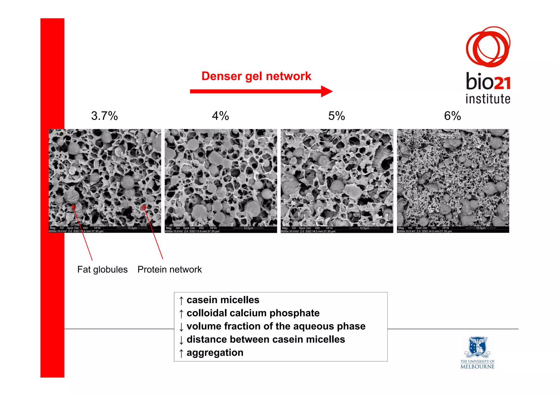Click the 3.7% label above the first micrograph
click(x=104, y=116)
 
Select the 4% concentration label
click(x=220, y=116)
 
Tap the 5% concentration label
click(x=337, y=116)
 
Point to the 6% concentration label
click(x=452, y=116)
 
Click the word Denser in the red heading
click(x=222, y=76)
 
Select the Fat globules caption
click(x=102, y=269)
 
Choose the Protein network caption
click(x=170, y=269)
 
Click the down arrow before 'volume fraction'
click(x=181, y=327)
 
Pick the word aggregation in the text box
click(x=215, y=353)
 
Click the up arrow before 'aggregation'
click(x=181, y=353)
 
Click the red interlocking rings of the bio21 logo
click(x=488, y=46)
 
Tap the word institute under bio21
click(x=488, y=99)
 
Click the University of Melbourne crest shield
click(x=477, y=346)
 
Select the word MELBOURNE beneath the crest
click(x=477, y=367)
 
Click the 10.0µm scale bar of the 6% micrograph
click(x=480, y=228)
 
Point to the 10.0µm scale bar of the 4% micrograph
click(x=248, y=228)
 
